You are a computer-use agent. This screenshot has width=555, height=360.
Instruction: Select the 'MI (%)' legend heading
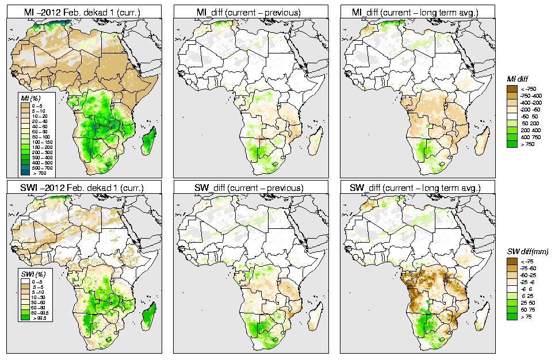pos(29,98)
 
